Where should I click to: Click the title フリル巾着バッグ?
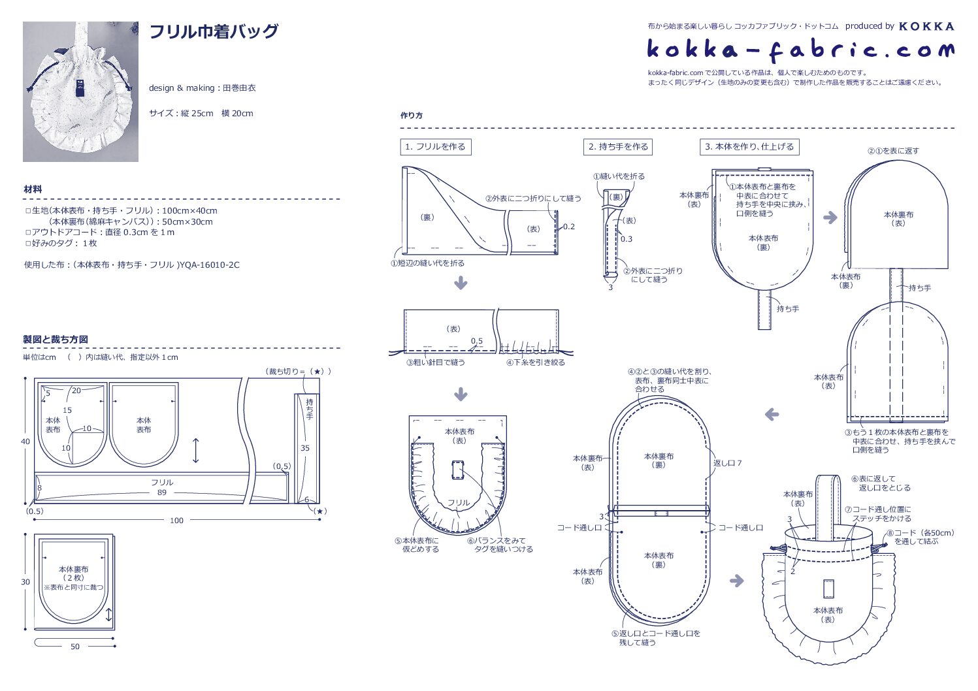pos(214,31)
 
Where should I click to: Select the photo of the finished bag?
pos(80,91)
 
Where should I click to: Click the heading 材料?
pos(33,189)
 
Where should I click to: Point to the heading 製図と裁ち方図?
pos(56,340)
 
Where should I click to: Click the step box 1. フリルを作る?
pos(435,147)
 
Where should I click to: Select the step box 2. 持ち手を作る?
pos(618,147)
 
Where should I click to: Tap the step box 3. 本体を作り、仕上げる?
pos(749,147)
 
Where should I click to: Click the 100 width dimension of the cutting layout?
pos(176,521)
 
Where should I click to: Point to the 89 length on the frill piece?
pos(161,492)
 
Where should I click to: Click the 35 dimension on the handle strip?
pos(305,448)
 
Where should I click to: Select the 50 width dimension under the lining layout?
pos(75,647)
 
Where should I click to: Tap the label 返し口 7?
pos(727,463)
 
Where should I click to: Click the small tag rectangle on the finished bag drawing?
pos(828,588)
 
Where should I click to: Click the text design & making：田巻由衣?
pos(203,88)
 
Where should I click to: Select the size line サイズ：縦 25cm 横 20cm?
pos(201,114)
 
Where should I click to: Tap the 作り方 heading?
pos(412,116)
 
